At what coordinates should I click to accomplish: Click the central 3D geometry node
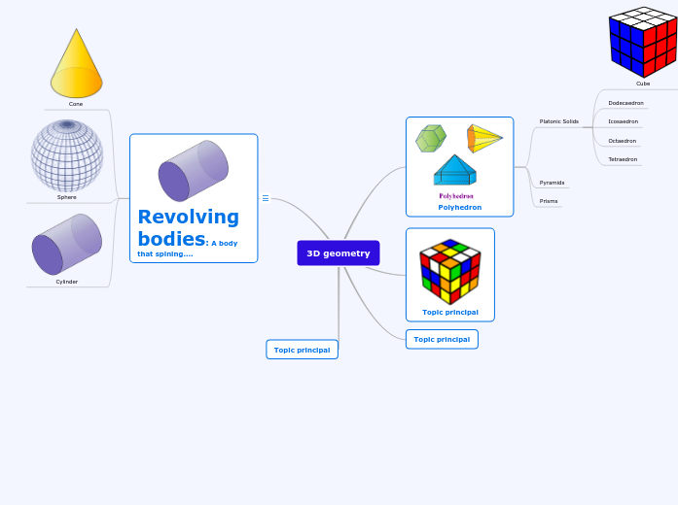tap(338, 253)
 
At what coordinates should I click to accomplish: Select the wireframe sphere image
tap(66, 155)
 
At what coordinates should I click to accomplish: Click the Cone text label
tap(76, 103)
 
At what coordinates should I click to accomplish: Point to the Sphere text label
tap(66, 197)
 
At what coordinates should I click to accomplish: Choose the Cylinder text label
tap(66, 282)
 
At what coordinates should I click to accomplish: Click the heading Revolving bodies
tap(188, 227)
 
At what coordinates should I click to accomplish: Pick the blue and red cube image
tap(643, 42)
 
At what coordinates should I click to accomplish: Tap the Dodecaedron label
tap(625, 103)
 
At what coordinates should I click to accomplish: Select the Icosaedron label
tap(624, 121)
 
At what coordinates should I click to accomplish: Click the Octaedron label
tap(623, 141)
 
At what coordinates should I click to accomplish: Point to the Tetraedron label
tap(623, 159)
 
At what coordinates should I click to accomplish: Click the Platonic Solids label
tap(559, 121)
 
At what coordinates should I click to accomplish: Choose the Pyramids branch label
tap(552, 183)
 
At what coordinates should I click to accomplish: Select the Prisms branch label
tap(550, 201)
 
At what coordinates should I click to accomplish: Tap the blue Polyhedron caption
tap(459, 207)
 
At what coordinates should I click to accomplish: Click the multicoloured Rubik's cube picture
tap(450, 272)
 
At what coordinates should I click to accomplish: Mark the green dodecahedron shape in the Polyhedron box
tap(430, 138)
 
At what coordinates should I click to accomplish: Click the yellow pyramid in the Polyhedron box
tap(484, 138)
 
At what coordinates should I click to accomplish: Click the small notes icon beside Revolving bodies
tap(266, 198)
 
